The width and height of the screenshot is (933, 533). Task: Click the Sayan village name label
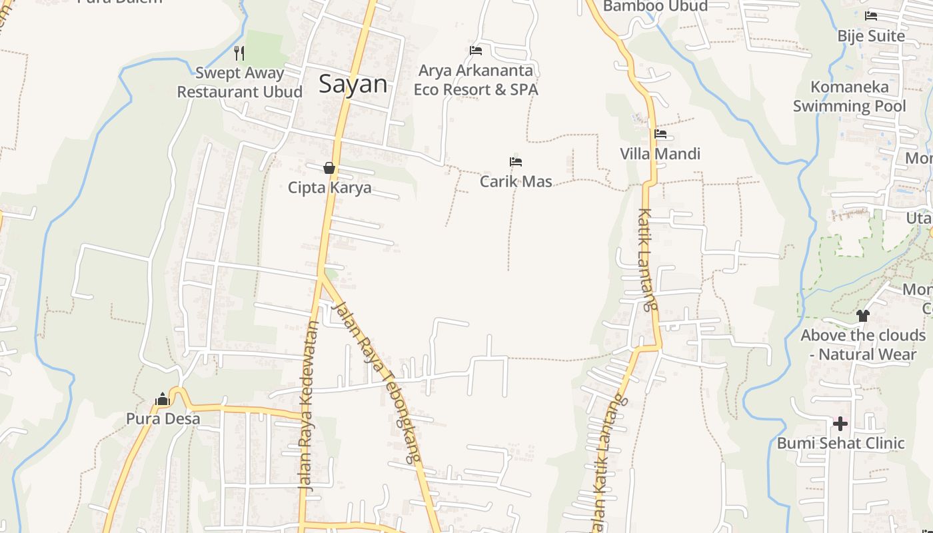pyautogui.click(x=353, y=84)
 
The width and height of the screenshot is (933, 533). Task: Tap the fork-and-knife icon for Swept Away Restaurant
pyautogui.click(x=239, y=53)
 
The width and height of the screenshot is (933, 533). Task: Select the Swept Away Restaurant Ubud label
pyautogui.click(x=239, y=82)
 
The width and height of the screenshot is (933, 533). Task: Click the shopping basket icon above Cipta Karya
pyautogui.click(x=329, y=168)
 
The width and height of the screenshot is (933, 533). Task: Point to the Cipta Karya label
pyautogui.click(x=329, y=188)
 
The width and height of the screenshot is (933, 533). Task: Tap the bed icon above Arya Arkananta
pyautogui.click(x=476, y=51)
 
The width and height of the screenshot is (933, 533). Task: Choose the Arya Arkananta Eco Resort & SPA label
pyautogui.click(x=476, y=80)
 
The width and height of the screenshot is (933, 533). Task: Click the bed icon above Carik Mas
pyautogui.click(x=515, y=162)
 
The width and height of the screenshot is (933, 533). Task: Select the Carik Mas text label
pyautogui.click(x=516, y=181)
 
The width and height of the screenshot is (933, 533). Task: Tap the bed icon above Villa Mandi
pyautogui.click(x=660, y=134)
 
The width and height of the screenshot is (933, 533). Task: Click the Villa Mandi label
pyautogui.click(x=660, y=154)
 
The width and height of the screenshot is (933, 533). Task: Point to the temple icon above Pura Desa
pyautogui.click(x=162, y=400)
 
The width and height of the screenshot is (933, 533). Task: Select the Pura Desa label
pyautogui.click(x=163, y=419)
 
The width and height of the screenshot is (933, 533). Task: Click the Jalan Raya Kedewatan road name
pyautogui.click(x=309, y=406)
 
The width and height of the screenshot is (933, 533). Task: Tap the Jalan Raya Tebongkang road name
pyautogui.click(x=379, y=382)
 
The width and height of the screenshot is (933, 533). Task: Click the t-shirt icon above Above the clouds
pyautogui.click(x=863, y=316)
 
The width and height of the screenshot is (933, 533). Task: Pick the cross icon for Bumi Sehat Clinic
pyautogui.click(x=840, y=424)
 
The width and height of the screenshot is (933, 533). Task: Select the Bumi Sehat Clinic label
pyautogui.click(x=840, y=443)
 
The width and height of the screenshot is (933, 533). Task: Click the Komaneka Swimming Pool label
pyautogui.click(x=849, y=97)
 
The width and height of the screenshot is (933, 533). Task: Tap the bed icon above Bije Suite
pyautogui.click(x=871, y=16)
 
